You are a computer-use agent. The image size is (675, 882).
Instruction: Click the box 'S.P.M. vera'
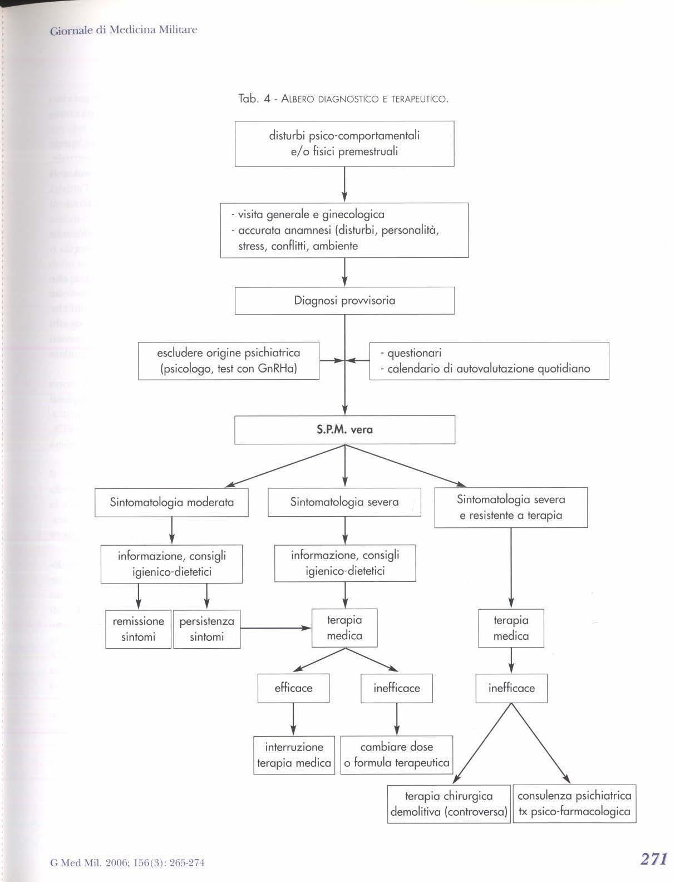coord(344,430)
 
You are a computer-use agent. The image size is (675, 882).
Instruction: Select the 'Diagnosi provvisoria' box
coord(344,301)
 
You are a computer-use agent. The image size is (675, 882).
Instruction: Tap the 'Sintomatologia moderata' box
coord(171,502)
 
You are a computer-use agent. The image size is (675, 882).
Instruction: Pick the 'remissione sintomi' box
coord(139,629)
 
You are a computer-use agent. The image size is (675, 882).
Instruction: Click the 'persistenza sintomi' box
coord(206,629)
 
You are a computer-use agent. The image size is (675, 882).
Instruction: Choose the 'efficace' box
coord(293,688)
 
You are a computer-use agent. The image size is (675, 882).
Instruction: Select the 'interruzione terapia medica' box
coord(294,755)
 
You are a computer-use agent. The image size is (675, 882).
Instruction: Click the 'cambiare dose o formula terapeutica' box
coord(396,755)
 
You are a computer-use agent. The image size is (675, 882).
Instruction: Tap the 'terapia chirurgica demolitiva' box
coord(449,804)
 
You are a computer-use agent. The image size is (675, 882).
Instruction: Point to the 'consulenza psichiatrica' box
coord(574,804)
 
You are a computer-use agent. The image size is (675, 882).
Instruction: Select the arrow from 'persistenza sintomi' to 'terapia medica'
coord(275,629)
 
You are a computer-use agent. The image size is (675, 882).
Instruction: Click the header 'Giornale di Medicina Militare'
coord(124,30)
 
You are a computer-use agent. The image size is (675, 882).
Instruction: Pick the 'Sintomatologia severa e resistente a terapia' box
coord(511,507)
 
